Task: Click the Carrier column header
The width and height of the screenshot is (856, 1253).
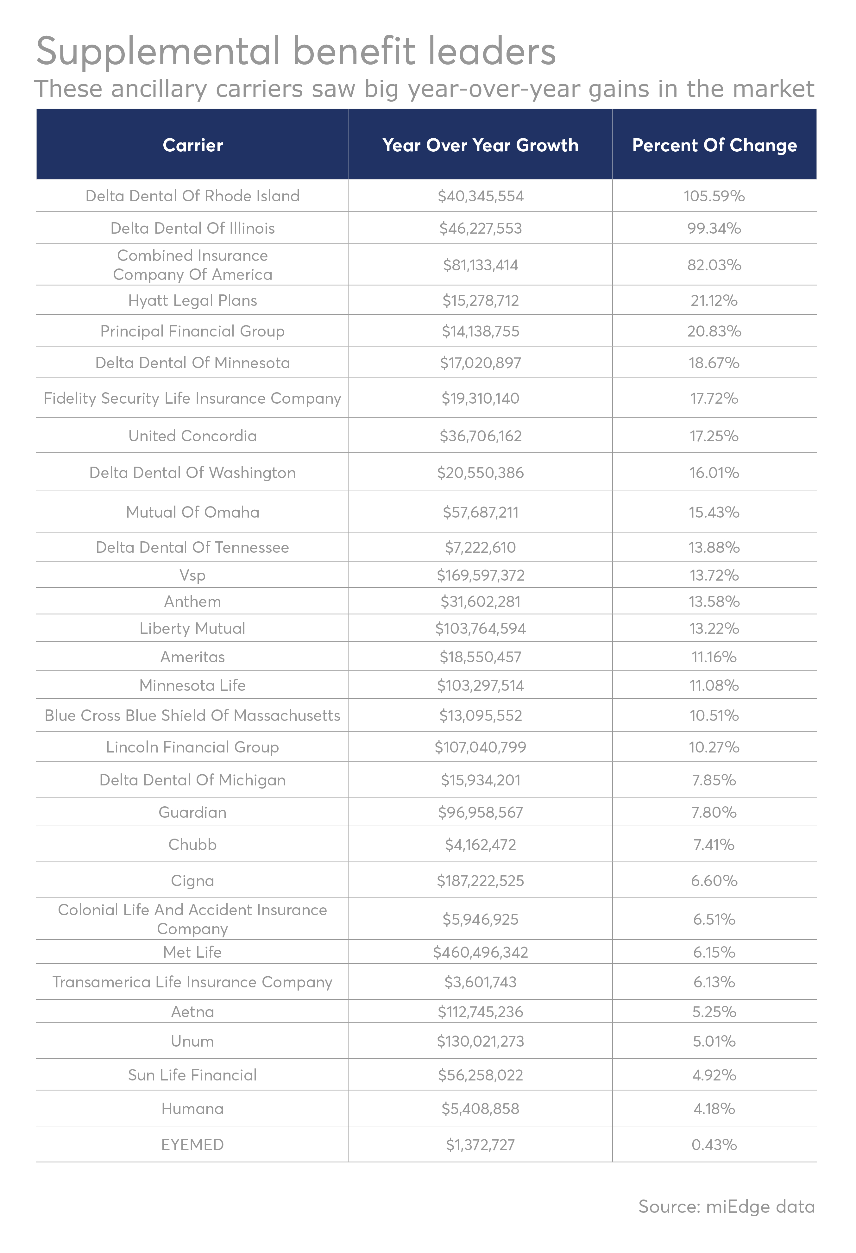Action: click(x=192, y=145)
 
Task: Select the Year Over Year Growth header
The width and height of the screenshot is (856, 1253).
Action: click(x=480, y=145)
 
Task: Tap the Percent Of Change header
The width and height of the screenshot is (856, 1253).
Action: click(x=714, y=145)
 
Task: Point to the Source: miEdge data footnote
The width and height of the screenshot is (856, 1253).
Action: click(x=726, y=1206)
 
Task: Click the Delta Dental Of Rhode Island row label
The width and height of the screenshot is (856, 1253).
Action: click(x=192, y=196)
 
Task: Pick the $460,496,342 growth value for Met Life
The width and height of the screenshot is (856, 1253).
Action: click(x=480, y=952)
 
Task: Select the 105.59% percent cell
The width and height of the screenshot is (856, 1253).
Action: click(x=714, y=196)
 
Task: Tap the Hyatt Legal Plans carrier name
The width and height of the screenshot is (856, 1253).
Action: click(x=192, y=300)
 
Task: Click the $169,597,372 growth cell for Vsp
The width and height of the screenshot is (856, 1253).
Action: click(x=480, y=575)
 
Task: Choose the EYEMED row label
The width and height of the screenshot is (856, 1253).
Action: click(x=192, y=1144)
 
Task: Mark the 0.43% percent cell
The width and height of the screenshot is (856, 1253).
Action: click(x=714, y=1144)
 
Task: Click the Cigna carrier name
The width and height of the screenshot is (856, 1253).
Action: click(x=192, y=880)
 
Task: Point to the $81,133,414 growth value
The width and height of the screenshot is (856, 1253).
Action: click(x=480, y=265)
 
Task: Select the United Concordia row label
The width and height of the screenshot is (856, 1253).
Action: click(x=192, y=436)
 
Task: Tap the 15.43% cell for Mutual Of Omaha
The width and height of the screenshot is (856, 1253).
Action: click(x=714, y=512)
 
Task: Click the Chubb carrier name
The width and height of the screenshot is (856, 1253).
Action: click(x=192, y=844)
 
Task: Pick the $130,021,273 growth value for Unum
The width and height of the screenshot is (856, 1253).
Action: click(x=480, y=1041)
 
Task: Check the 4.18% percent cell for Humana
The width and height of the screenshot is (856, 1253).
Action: click(x=714, y=1109)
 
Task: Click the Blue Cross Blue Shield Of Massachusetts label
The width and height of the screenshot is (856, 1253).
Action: click(x=192, y=715)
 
